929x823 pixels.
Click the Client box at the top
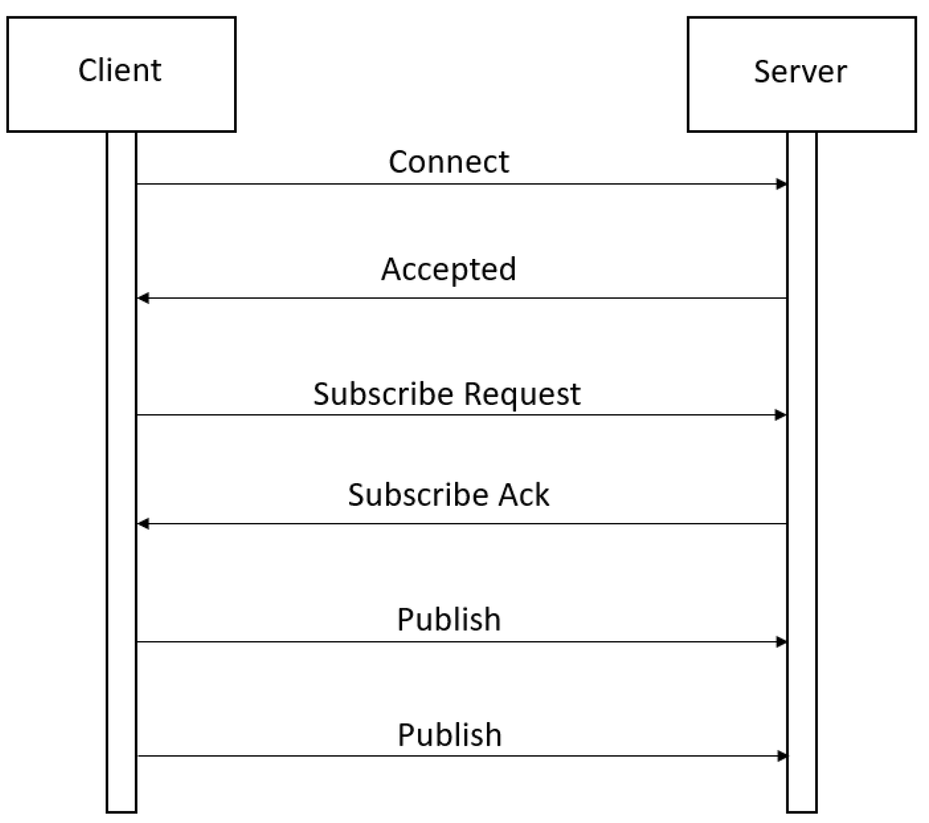coord(121,74)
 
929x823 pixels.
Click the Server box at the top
coord(801,74)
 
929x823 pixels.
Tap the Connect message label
coord(449,161)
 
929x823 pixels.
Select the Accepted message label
coord(449,270)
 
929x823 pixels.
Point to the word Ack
coord(523,495)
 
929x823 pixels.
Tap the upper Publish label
coord(449,620)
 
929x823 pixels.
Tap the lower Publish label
coord(450,735)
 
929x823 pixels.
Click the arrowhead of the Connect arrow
coord(781,184)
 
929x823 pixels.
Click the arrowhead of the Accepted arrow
coord(143,298)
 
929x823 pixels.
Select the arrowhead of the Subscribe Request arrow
coord(780,415)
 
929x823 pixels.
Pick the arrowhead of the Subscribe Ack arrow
coord(143,524)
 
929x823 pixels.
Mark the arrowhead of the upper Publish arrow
coord(781,642)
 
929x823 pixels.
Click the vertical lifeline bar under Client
coord(121,473)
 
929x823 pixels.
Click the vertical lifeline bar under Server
coord(802,473)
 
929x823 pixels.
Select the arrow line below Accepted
coord(462,298)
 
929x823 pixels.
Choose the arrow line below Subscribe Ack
coord(462,524)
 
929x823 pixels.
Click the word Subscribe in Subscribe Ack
coord(418,495)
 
